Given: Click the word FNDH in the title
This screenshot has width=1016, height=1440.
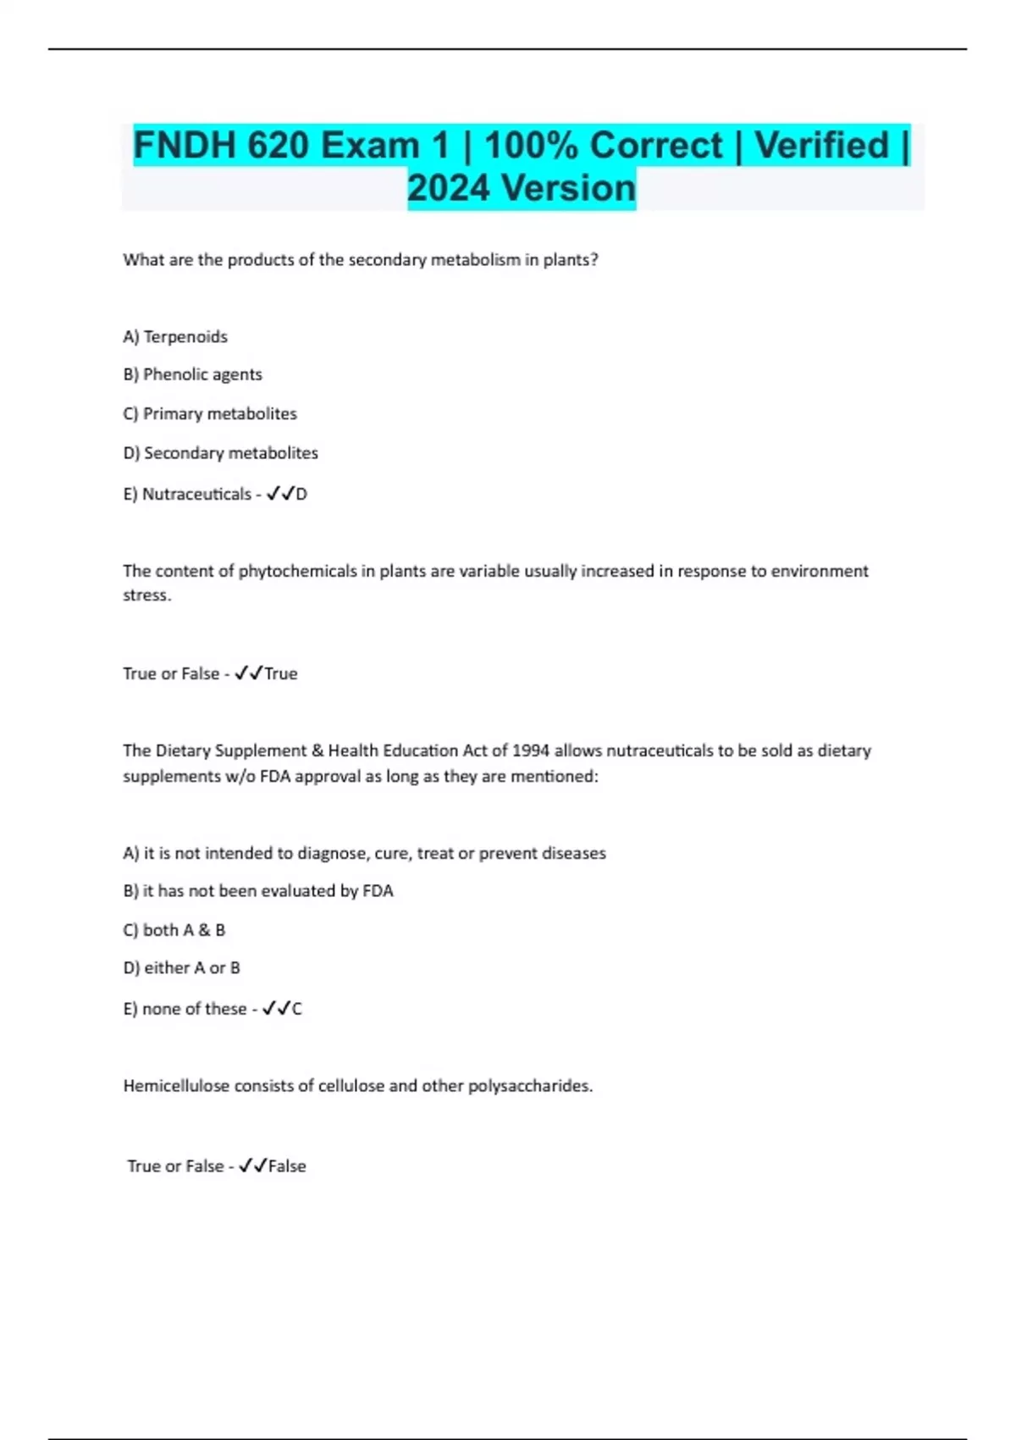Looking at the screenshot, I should (x=184, y=146).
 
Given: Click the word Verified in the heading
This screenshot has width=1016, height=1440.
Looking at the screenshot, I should (x=821, y=146).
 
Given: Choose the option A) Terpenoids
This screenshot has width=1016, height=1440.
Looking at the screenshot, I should (x=175, y=337).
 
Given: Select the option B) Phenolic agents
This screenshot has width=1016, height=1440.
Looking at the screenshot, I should (x=192, y=374).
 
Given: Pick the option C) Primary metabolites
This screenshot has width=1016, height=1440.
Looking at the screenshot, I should (x=210, y=414).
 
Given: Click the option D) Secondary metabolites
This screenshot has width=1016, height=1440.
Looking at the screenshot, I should (x=220, y=453).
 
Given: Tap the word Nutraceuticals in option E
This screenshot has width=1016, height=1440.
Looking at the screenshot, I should (x=196, y=494).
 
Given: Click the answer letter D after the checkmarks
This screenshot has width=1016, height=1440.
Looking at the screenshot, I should (x=301, y=494).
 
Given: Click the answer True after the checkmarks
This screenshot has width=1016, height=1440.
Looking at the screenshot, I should (x=281, y=673).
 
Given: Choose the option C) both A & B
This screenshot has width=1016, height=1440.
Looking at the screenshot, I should (x=174, y=930).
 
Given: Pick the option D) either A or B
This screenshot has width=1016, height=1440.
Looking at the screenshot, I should (x=181, y=967).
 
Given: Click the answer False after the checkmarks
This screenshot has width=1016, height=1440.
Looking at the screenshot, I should (x=287, y=1166).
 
